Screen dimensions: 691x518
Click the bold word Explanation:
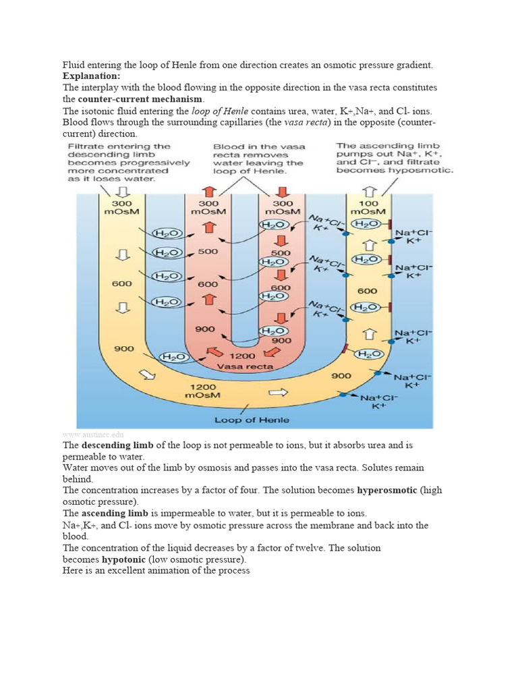[91, 76]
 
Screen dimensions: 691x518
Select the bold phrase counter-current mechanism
[140, 99]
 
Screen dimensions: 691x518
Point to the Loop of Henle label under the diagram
[252, 420]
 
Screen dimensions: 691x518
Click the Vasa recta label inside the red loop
[245, 366]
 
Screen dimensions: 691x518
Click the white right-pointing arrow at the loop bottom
[278, 391]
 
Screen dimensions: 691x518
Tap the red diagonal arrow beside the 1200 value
[214, 352]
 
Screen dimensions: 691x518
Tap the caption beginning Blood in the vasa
[258, 159]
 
